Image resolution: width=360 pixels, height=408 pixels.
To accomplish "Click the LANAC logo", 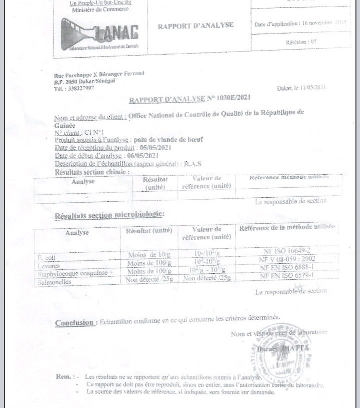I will [x=100, y=34].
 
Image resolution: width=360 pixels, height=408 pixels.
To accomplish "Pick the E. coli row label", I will [x=46, y=257].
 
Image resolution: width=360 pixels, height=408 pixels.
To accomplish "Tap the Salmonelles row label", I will [x=55, y=282].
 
